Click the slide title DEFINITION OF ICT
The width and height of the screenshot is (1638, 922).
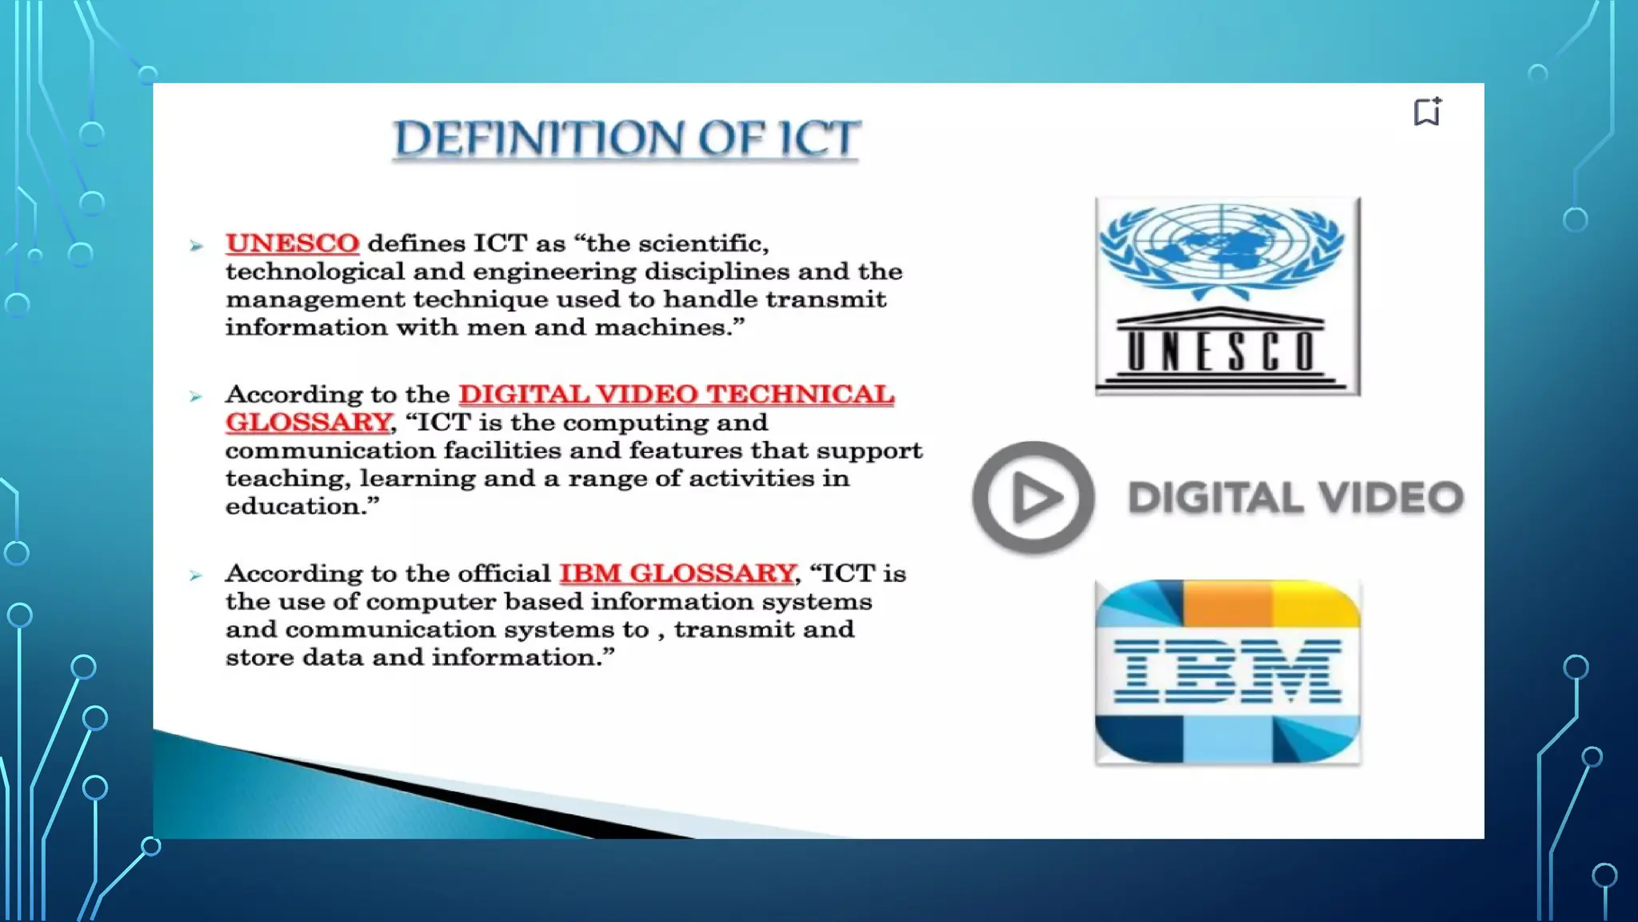[626, 138]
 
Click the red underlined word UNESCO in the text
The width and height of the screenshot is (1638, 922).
[292, 243]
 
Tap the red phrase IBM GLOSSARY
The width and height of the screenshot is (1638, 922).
[677, 573]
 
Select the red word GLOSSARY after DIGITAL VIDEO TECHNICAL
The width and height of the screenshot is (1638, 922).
[308, 422]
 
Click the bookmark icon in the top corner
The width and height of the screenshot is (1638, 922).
[1427, 111]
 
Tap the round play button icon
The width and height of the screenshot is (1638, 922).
[1033, 498]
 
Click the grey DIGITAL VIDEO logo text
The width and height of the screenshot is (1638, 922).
[1295, 498]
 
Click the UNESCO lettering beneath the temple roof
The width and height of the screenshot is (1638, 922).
[1221, 351]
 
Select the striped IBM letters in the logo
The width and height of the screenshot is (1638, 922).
[1227, 671]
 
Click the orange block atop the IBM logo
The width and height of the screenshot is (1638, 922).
[1227, 602]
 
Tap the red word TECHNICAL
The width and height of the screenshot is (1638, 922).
[800, 394]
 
